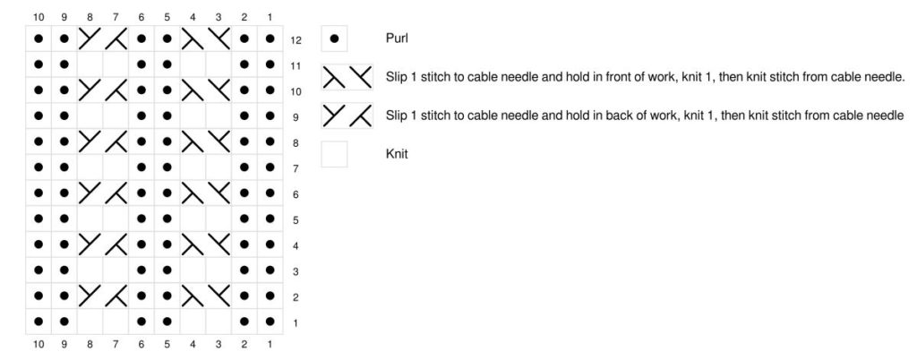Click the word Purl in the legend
pos(397,39)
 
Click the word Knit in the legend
pos(397,154)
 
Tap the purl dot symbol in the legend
pos(334,39)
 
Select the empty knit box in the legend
pos(334,154)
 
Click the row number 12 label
pos(296,40)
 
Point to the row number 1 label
pos(296,323)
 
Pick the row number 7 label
pos(296,169)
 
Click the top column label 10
pos(39,18)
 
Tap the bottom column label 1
pos(270,345)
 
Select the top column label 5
pos(167,18)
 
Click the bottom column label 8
pos(90,345)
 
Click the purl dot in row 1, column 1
pos(270,321)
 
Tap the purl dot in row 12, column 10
pos(39,39)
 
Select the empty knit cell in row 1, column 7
pos(116,321)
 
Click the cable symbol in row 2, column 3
pos(219,296)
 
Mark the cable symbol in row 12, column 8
pos(90,39)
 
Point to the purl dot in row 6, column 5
pos(167,193)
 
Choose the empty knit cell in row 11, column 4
pos(193,64)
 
